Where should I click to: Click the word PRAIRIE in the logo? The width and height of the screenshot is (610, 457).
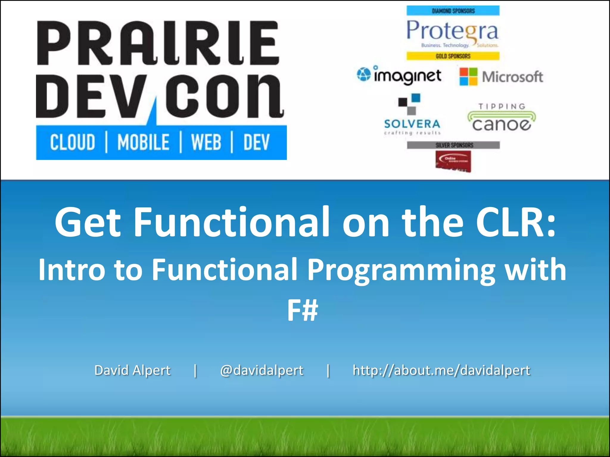pos(158,43)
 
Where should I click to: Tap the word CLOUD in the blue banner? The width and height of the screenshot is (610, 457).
pos(72,142)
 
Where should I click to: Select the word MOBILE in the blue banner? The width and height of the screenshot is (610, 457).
pos(143,142)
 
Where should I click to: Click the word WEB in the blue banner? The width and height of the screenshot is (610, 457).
pos(206,142)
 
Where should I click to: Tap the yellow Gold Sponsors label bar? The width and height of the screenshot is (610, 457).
pos(453,56)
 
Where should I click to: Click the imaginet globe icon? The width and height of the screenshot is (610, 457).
pos(363,74)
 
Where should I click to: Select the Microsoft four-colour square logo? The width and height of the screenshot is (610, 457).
pos(468,76)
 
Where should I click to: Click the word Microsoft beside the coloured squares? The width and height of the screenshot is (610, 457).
pos(512,77)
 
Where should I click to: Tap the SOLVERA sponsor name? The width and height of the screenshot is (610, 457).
pos(412,124)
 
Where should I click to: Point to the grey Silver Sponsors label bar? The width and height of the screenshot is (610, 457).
pos(453,145)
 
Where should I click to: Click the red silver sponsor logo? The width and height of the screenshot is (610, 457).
pos(453,161)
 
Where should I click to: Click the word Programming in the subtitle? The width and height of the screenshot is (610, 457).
pos(401,270)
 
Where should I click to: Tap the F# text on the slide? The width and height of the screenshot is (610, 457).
pos(302,310)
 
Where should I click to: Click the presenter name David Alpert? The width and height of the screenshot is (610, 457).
pos(132,370)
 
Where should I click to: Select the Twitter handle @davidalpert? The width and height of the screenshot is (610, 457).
pos(262,370)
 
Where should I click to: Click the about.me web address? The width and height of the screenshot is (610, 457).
pos(441,370)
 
